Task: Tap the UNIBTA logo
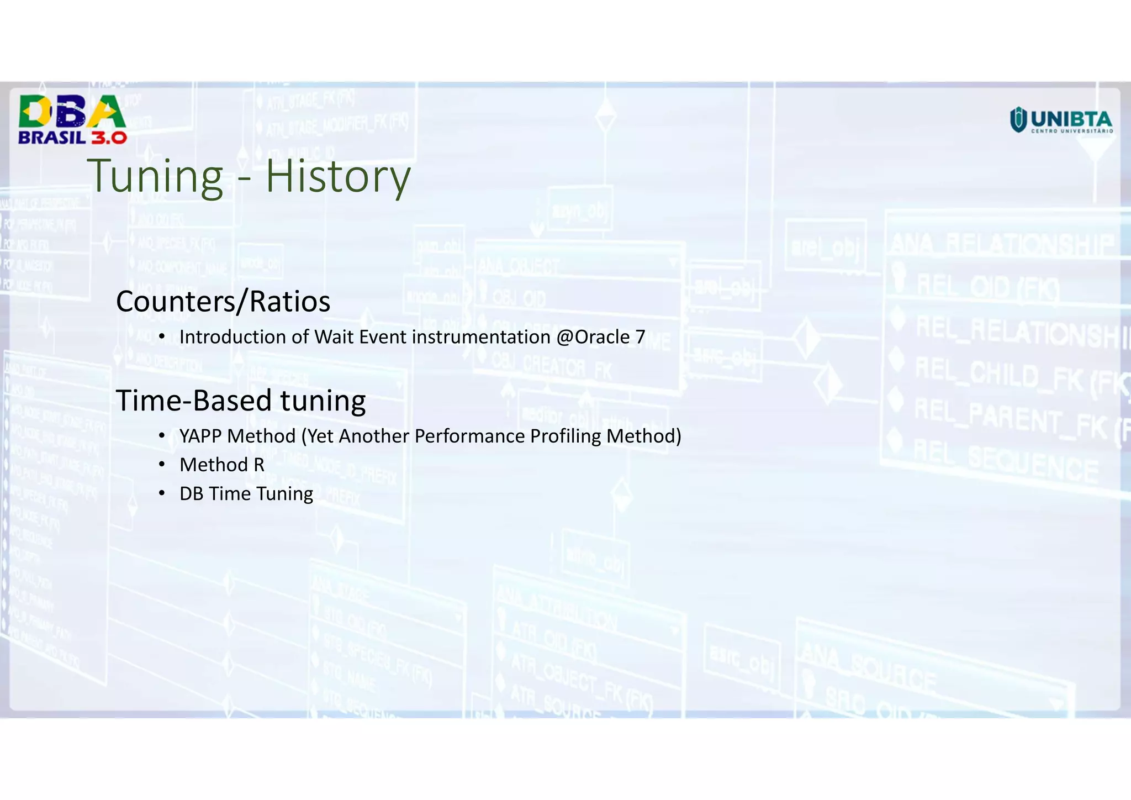click(x=1060, y=120)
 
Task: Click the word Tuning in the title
click(x=155, y=176)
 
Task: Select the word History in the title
click(x=338, y=176)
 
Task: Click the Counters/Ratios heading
click(x=223, y=302)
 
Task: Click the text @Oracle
click(x=593, y=337)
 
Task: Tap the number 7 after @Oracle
click(x=640, y=337)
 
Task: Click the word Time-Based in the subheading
click(x=193, y=401)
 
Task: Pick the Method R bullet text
click(x=222, y=465)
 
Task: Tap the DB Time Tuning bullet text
click(x=246, y=494)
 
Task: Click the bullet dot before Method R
click(x=161, y=465)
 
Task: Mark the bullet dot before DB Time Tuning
click(x=161, y=493)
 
